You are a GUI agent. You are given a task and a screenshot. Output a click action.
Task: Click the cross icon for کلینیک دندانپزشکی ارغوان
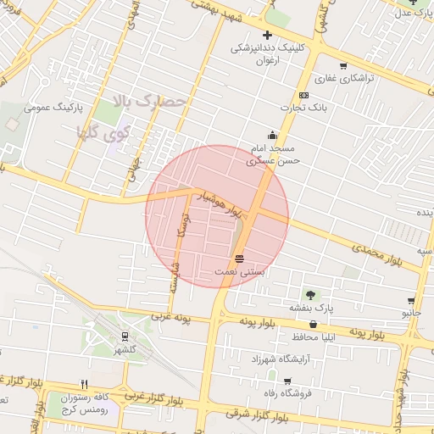(267, 36)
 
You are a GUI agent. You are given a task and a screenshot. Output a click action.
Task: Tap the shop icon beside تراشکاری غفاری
(342, 66)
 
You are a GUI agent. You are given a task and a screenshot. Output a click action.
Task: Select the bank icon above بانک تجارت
(303, 94)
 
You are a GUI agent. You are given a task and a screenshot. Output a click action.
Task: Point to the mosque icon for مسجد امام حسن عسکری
(272, 134)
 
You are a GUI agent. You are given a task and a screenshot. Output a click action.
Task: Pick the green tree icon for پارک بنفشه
(310, 294)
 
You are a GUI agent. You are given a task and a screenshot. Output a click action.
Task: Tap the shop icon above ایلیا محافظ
(314, 324)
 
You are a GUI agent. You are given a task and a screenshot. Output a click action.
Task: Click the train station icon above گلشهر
(125, 337)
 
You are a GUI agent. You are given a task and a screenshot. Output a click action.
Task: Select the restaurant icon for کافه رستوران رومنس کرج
(84, 384)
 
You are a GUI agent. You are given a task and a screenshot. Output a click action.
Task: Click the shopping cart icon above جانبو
(411, 300)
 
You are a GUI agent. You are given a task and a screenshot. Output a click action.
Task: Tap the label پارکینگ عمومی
(53, 108)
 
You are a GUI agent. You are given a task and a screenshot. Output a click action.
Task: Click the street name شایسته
(175, 275)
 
